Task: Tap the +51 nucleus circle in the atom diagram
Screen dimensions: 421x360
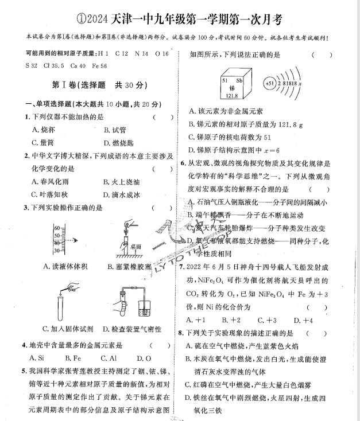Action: pos(270,84)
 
